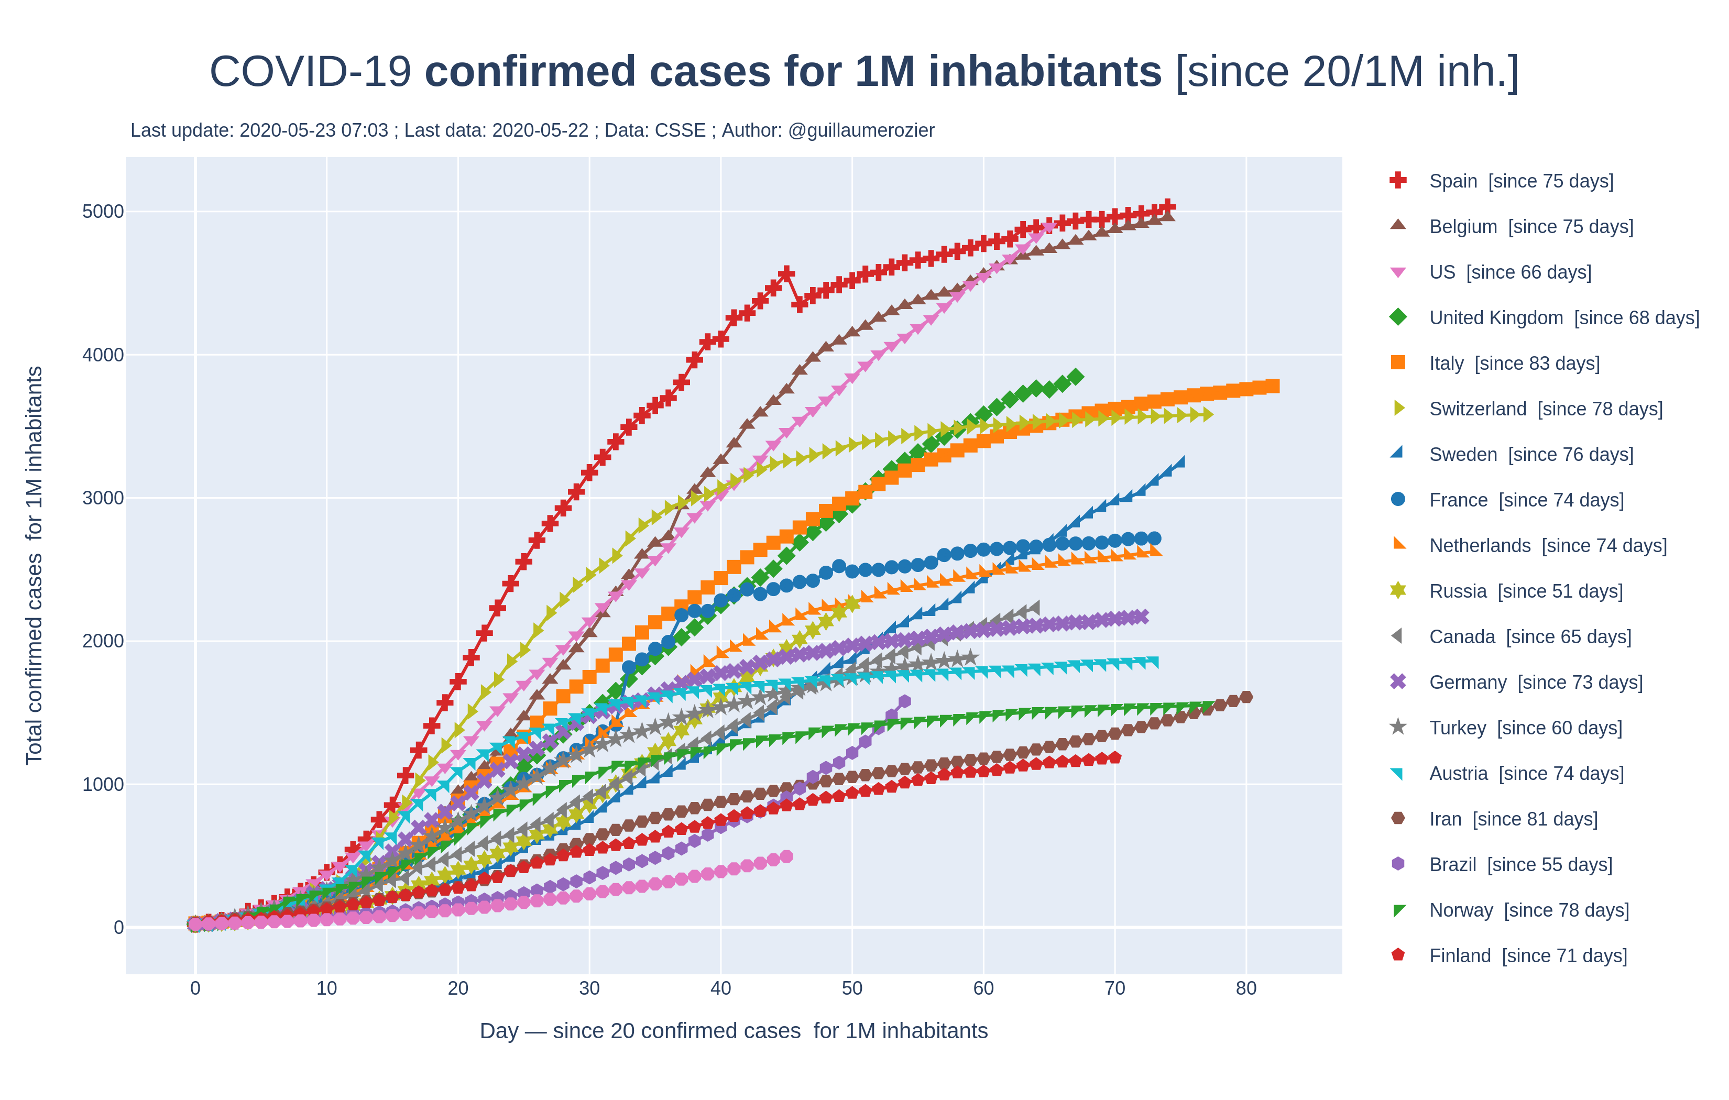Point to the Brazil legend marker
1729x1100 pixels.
[1397, 864]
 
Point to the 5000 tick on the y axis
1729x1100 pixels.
[103, 212]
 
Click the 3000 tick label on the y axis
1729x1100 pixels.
[103, 498]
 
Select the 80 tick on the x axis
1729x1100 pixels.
[1246, 989]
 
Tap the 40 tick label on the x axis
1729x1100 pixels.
[720, 989]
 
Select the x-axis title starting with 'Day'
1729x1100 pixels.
[733, 1030]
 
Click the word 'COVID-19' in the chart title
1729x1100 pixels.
[310, 72]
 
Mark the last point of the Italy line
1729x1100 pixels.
[1273, 386]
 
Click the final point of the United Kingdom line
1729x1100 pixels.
[1076, 376]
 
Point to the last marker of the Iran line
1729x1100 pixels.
[1246, 697]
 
